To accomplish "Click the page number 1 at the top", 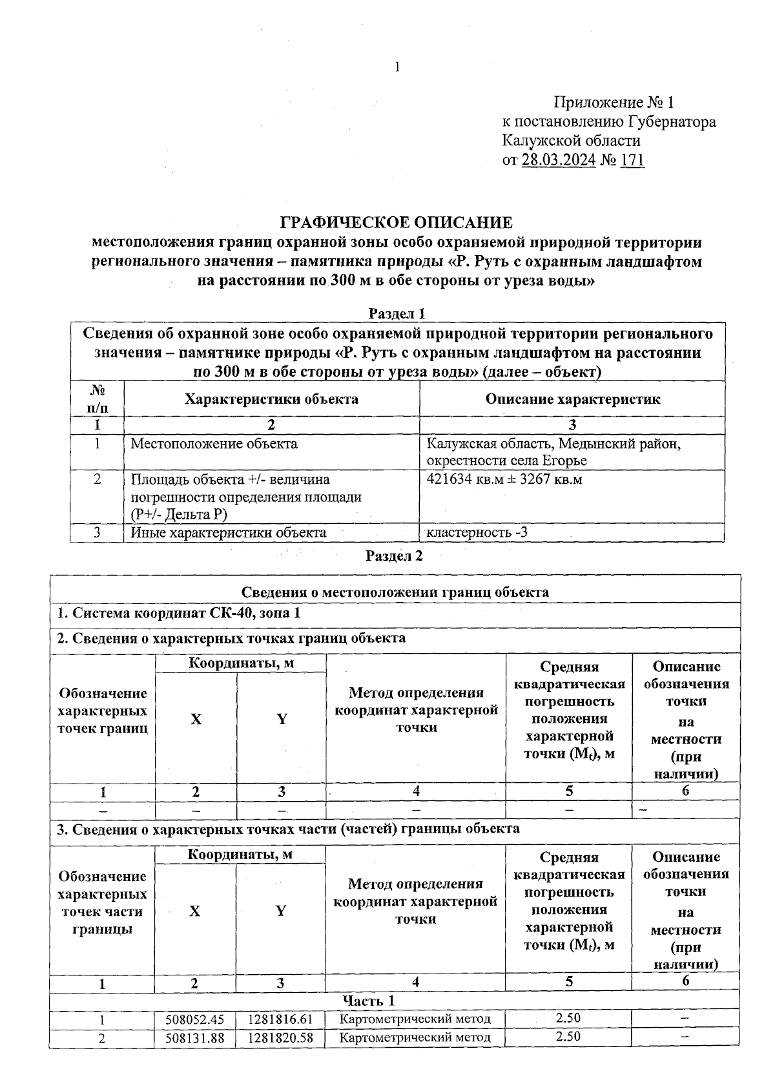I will pyautogui.click(x=397, y=67).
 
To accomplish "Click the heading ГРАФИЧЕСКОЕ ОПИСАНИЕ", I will pyautogui.click(x=396, y=223).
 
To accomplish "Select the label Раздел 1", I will pyautogui.click(x=397, y=313).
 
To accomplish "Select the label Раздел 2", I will pyautogui.click(x=394, y=556).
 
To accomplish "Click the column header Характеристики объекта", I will pyautogui.click(x=271, y=399).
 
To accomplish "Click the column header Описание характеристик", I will pyautogui.click(x=572, y=399).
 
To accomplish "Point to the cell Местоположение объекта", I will pyautogui.click(x=214, y=444).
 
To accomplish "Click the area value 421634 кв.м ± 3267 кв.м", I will pyautogui.click(x=504, y=479).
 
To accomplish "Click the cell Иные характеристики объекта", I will pyautogui.click(x=228, y=533).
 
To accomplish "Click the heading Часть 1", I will pyautogui.click(x=368, y=1001).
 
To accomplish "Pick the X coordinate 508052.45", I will pyautogui.click(x=194, y=1019).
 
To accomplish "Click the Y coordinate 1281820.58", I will pyautogui.click(x=280, y=1037).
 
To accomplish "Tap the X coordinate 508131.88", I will pyautogui.click(x=194, y=1037).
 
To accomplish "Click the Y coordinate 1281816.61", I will pyautogui.click(x=280, y=1019).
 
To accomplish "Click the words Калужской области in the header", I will pyautogui.click(x=571, y=141).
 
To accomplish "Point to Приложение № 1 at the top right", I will pyautogui.click(x=613, y=103).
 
